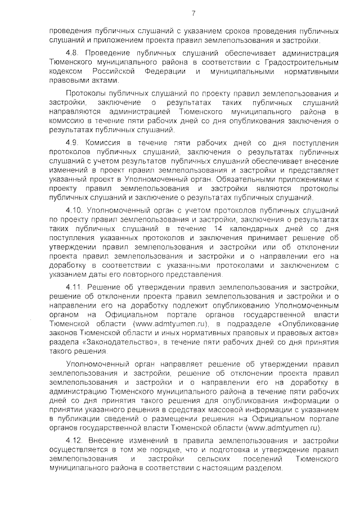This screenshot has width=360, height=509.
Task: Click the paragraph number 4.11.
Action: [x=74, y=287]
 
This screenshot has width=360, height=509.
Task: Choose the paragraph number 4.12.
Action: [x=74, y=440]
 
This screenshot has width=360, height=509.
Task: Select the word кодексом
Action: [x=65, y=71]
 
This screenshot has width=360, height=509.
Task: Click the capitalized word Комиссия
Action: [x=107, y=144]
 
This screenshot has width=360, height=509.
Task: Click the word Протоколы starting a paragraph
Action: [x=86, y=93]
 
